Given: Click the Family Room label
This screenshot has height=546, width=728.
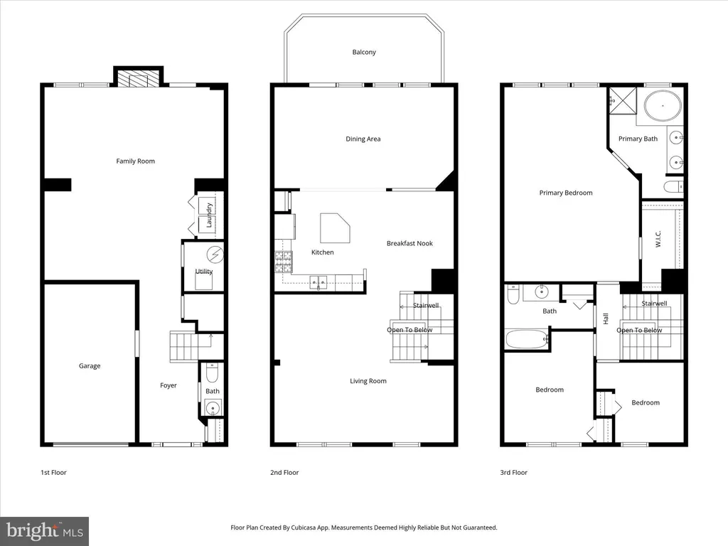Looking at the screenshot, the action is click(x=136, y=161).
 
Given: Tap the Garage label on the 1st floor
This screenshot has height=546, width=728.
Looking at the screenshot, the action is click(x=90, y=366).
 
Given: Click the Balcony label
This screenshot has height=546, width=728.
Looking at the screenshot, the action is click(x=364, y=52).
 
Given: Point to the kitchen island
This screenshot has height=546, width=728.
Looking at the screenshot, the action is click(x=335, y=228).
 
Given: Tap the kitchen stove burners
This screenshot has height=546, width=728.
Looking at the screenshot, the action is click(x=283, y=262).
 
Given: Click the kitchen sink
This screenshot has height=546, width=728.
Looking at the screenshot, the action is click(x=318, y=282).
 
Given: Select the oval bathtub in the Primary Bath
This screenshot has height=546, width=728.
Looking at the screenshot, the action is click(x=663, y=107).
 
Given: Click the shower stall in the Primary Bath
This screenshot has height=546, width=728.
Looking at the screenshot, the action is click(x=623, y=100).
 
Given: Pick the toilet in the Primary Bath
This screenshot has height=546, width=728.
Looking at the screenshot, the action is click(x=673, y=187).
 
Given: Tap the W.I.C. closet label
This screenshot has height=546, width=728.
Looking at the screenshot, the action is click(x=658, y=239).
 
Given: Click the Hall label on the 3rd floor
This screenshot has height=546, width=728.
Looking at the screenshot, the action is click(x=606, y=318).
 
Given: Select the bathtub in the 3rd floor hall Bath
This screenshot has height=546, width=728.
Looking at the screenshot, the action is click(x=526, y=339).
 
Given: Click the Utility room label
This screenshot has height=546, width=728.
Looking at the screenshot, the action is click(x=204, y=271).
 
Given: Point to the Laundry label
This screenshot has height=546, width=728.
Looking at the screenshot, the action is click(x=209, y=215).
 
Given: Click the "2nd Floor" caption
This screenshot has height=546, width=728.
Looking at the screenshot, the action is click(x=284, y=472).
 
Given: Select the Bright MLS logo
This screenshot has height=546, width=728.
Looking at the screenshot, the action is click(x=45, y=531).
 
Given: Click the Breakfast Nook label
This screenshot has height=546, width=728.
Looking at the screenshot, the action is click(x=409, y=243).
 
